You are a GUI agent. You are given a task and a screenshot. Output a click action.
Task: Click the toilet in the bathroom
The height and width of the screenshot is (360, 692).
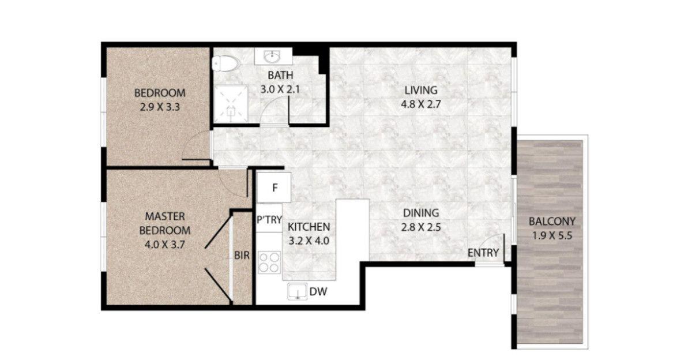click(225, 63)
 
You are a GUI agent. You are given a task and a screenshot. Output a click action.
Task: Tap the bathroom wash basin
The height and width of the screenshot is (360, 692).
click(272, 57)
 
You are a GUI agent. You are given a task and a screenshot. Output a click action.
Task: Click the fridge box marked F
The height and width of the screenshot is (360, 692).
click(275, 187)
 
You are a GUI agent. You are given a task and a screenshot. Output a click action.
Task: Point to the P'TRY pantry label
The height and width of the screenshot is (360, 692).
click(269, 219)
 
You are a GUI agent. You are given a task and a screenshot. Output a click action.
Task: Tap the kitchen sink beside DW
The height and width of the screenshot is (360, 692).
click(297, 292)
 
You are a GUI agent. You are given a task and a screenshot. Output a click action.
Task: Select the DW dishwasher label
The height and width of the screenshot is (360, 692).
click(318, 292)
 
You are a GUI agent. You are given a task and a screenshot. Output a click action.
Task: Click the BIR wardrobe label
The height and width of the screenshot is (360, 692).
click(242, 256)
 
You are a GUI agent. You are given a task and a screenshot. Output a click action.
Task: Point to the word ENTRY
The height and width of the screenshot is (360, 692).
click(483, 253)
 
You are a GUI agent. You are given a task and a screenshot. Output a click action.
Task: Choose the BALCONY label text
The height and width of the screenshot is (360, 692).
click(552, 221)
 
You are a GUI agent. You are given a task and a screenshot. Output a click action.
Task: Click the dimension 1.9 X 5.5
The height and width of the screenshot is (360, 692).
click(552, 235)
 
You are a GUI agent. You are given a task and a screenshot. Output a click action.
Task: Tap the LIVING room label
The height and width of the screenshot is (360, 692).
click(420, 90)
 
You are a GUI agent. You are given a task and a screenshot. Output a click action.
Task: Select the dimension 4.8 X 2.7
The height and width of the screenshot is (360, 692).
click(420, 104)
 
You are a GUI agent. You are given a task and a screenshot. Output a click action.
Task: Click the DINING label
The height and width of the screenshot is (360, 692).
click(420, 212)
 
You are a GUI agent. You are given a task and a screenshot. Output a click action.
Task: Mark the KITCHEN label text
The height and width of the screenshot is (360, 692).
click(309, 227)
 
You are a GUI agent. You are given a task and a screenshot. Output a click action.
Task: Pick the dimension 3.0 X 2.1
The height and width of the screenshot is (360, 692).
click(280, 89)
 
